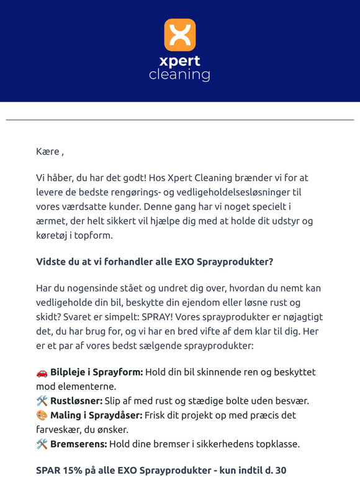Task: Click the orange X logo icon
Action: tap(179, 35)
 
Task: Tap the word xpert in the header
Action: tap(179, 62)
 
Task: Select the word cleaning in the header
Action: tap(179, 75)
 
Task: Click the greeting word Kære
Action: tap(48, 151)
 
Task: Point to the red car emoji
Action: tap(42, 372)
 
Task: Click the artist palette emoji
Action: tap(42, 414)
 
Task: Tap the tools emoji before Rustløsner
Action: tap(42, 401)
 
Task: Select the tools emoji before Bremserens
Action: tap(42, 443)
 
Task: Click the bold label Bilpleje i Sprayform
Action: tap(97, 372)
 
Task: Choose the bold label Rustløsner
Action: tap(76, 401)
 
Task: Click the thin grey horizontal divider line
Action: tap(179, 119)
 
